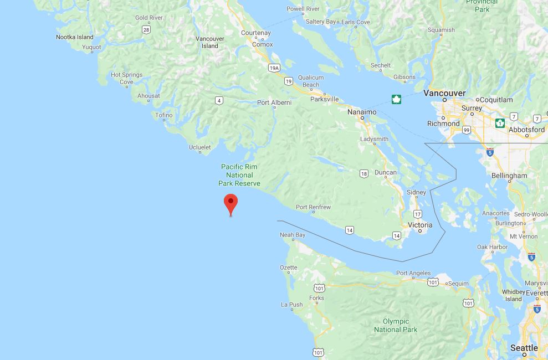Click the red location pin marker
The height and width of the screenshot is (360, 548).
click(x=231, y=203)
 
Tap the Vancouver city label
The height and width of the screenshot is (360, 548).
click(x=444, y=93)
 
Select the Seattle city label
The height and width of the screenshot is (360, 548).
click(x=524, y=348)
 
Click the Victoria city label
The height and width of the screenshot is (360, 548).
click(x=420, y=225)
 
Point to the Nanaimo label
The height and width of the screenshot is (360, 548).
click(x=362, y=112)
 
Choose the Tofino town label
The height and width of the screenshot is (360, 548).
click(x=163, y=115)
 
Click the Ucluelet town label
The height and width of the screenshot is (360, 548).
click(x=199, y=147)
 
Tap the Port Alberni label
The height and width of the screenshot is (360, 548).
click(x=274, y=102)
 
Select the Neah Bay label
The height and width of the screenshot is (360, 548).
click(x=293, y=235)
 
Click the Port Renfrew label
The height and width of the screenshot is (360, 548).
click(x=313, y=207)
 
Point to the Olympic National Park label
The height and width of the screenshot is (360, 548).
click(x=396, y=325)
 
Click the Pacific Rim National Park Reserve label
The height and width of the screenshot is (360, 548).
click(x=239, y=175)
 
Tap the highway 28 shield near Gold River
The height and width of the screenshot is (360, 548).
click(x=146, y=29)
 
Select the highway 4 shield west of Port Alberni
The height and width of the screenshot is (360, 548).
click(x=219, y=100)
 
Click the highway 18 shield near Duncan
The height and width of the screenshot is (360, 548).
click(x=363, y=173)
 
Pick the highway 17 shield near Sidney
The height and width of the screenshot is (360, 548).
click(x=417, y=214)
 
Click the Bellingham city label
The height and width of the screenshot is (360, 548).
click(x=509, y=176)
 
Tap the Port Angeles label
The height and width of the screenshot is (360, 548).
click(x=413, y=273)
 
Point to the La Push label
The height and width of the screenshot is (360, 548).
click(x=292, y=305)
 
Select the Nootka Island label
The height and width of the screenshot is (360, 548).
click(x=75, y=37)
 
